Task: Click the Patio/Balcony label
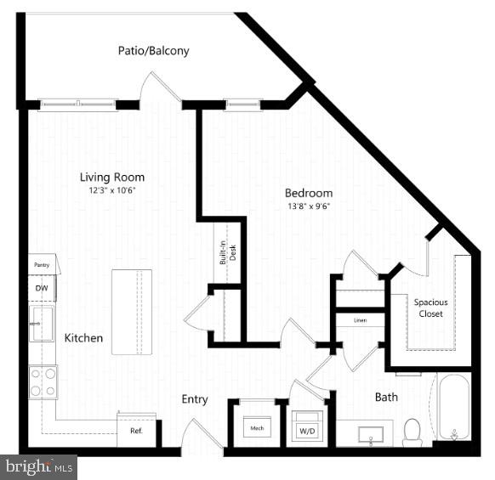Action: coord(153,51)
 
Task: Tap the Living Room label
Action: coord(112,178)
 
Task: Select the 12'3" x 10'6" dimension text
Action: coord(112,190)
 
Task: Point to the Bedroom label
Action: coord(309,193)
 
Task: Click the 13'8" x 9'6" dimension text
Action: coord(309,206)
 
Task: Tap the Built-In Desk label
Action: coord(225,252)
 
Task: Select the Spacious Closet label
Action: coord(430,308)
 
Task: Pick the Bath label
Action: coord(386,397)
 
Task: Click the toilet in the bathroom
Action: coord(413,432)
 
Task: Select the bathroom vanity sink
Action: coord(370,436)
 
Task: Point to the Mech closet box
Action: coord(256,427)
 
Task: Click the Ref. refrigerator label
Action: coord(136,431)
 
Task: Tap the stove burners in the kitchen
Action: coord(43,381)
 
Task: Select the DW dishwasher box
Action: coord(41,288)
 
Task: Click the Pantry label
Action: coord(42,266)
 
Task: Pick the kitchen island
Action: coord(132,312)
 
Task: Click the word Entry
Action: coord(194,398)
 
